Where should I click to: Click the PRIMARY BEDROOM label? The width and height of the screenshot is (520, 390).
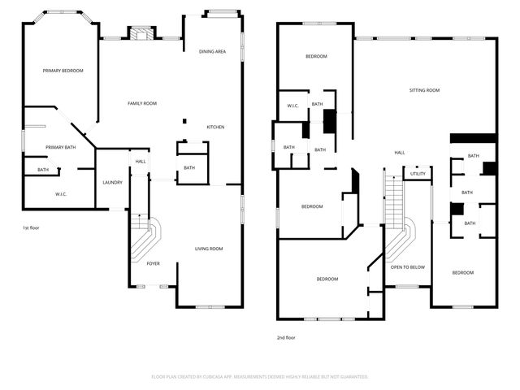tap(63, 71)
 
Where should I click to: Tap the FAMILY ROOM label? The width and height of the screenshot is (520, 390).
tap(142, 103)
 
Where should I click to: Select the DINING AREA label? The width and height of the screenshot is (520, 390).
tap(212, 52)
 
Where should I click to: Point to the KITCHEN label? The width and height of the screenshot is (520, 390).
tap(215, 127)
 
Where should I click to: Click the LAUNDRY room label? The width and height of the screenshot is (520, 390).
tap(112, 182)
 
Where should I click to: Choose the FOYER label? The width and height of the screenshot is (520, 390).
tap(153, 264)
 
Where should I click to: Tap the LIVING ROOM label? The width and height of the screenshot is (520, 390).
tap(209, 249)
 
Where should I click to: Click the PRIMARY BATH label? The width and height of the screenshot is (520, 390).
tap(60, 147)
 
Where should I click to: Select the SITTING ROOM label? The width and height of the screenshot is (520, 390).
tap(423, 90)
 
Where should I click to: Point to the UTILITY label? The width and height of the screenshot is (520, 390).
tap(418, 173)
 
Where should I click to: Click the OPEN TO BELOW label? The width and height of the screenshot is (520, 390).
tap(407, 267)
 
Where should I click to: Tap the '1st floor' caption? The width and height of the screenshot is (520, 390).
tap(31, 227)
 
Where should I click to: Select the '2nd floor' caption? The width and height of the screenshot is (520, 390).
tap(285, 336)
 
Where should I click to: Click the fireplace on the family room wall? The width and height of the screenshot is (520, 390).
tap(142, 34)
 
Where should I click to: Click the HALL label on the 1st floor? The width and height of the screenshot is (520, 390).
tap(141, 162)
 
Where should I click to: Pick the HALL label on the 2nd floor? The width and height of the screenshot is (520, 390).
tap(400, 153)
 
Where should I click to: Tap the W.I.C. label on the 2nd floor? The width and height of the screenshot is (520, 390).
tap(293, 106)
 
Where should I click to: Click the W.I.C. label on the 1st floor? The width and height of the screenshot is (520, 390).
tap(60, 194)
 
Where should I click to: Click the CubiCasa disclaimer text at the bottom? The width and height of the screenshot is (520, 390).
tap(260, 377)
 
